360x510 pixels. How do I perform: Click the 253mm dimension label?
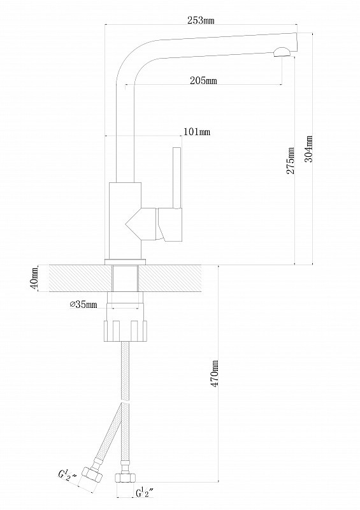pos(201,20)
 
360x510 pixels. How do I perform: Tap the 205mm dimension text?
pos(203,80)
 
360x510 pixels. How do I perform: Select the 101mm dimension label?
pos(197,132)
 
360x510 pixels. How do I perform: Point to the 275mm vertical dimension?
pos(291,161)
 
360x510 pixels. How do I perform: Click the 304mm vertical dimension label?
pos(308,149)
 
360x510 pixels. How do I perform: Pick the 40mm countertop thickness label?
pos(34,278)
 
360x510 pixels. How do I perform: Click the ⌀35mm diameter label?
pos(83,305)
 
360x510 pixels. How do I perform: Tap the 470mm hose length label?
pos(214,374)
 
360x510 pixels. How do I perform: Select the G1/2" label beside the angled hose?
pos(68,475)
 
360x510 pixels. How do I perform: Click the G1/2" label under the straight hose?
pos(145,493)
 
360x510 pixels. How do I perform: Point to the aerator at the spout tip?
pos(282,52)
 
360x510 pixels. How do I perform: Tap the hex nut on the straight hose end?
pos(126,477)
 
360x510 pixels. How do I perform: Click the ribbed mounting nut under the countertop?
pos(125,331)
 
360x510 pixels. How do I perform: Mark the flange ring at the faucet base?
pos(125,261)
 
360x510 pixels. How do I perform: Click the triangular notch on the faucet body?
pos(134,224)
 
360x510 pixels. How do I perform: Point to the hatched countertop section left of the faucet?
pos(80,278)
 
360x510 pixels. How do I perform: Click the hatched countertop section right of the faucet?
pos(169,278)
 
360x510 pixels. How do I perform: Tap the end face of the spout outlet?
pos(296,42)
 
